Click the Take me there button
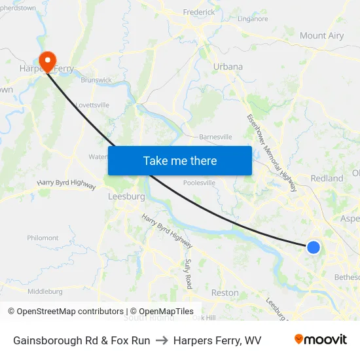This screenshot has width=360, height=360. click(x=180, y=160)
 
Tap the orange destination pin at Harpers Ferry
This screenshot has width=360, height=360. click(x=47, y=61)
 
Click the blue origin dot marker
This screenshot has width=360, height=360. click(x=314, y=247)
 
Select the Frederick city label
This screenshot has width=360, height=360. click(x=199, y=12)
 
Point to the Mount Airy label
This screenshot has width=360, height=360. click(x=321, y=36)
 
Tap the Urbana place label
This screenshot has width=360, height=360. click(x=228, y=67)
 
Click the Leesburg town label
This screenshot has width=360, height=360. click(x=126, y=196)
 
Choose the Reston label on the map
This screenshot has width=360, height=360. click(x=225, y=293)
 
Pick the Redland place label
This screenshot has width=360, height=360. click(x=327, y=178)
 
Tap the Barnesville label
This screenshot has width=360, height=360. click(x=215, y=137)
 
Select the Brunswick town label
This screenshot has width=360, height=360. click(x=96, y=80)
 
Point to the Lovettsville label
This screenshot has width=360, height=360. click(x=92, y=105)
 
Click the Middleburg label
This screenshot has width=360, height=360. click(x=45, y=291)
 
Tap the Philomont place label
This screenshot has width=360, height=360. click(x=43, y=238)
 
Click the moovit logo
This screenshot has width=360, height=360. click(x=320, y=340)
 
